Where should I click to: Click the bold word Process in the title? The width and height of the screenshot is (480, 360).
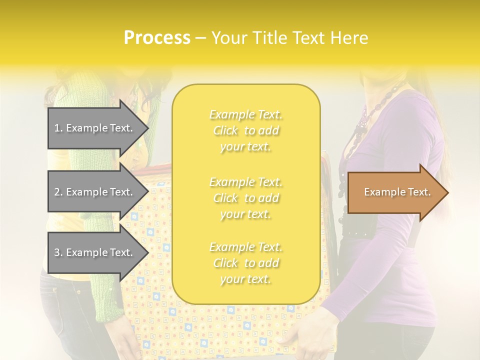(x=157, y=38)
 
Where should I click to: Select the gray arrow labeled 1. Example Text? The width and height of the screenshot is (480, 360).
(x=95, y=128)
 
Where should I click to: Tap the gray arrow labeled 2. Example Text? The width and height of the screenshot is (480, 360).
(x=95, y=192)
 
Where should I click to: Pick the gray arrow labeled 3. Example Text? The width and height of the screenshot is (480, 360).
(x=95, y=252)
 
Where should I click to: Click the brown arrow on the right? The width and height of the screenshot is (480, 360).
(x=395, y=192)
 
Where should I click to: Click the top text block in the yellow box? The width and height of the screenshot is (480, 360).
(x=245, y=130)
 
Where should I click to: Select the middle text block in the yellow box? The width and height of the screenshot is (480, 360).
(x=245, y=198)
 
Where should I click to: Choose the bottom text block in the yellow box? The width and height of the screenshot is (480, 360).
(x=245, y=263)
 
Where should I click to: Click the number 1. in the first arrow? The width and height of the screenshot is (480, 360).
(x=58, y=128)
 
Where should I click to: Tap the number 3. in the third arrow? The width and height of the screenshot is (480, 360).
(x=58, y=252)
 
